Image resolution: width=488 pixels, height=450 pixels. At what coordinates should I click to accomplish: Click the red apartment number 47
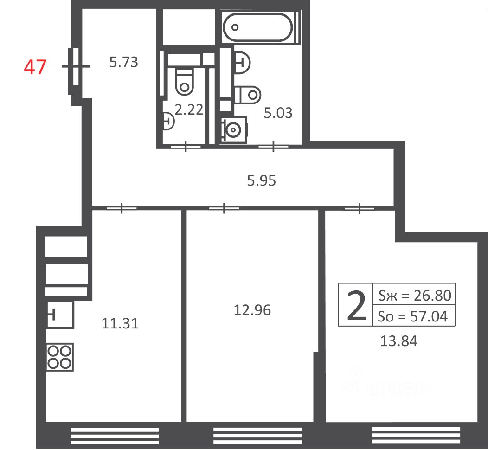35,67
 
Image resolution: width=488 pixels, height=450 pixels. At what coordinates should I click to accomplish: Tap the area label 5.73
123,62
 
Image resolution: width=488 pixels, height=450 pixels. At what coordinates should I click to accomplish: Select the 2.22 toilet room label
189,109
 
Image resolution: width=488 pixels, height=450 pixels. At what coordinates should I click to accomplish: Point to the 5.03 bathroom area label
278,113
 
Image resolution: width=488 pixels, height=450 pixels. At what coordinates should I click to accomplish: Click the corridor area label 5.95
262,180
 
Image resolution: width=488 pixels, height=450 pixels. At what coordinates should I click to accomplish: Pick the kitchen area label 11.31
120,324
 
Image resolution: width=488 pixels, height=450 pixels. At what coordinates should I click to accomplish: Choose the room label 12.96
252,310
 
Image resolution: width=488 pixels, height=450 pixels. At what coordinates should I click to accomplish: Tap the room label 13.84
398,341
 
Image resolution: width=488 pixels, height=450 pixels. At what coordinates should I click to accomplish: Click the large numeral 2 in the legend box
356,305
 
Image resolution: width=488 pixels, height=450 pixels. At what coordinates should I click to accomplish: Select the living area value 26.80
432,295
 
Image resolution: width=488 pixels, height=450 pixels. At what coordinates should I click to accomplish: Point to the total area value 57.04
429,316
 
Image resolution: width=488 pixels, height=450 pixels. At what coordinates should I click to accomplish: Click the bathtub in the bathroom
258,27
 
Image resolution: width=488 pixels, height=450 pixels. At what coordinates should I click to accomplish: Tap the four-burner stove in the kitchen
60,357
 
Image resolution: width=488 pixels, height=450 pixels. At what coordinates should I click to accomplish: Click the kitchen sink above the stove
60,315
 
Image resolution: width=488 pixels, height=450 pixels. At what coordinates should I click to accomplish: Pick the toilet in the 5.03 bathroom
248,95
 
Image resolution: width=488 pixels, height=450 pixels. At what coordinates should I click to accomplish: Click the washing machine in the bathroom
234,130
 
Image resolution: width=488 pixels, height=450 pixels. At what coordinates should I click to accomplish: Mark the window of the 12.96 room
257,436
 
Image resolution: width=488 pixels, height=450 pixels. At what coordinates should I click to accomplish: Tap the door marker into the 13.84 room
360,208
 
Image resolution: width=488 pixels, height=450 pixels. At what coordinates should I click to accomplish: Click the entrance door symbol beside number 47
76,66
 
